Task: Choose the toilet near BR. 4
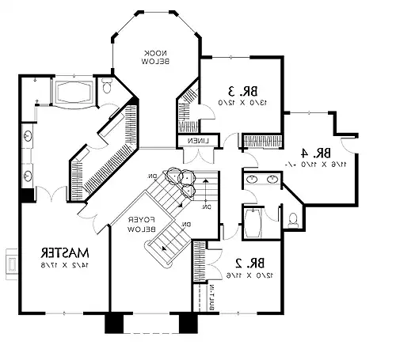(x=294, y=217)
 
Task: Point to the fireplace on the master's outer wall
(x=11, y=261)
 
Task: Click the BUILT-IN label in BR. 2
(x=211, y=297)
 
